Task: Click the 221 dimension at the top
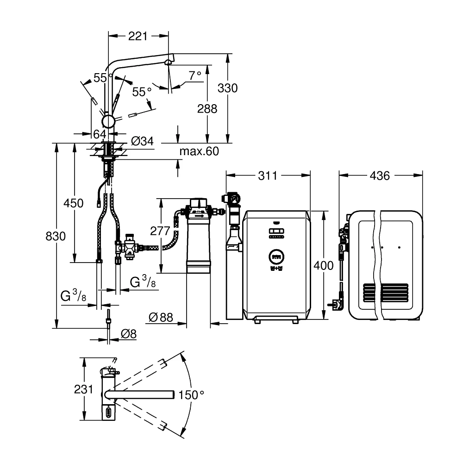138,36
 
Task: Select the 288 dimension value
207,109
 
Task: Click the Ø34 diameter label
142,141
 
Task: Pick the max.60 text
199,151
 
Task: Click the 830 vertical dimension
56,236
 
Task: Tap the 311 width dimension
268,175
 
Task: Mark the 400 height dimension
323,266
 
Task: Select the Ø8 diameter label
128,333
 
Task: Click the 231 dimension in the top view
84,390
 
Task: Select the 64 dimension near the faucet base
100,134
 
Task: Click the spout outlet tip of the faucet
168,63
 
